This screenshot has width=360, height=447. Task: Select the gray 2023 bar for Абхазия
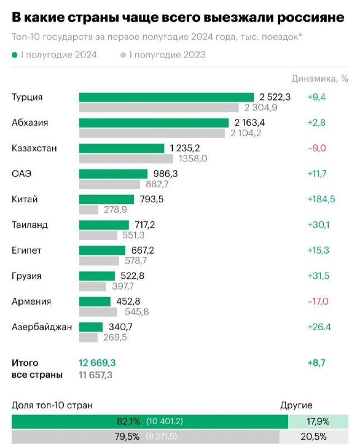[x=153, y=133]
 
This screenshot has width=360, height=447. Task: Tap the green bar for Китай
[x=107, y=199]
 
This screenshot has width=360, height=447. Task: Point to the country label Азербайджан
[x=42, y=327]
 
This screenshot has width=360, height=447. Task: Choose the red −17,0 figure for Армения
[x=318, y=302]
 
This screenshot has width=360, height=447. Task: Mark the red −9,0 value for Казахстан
[x=316, y=148]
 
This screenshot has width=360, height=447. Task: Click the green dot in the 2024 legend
[x=15, y=55]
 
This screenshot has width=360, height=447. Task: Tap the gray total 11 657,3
[x=96, y=375]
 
